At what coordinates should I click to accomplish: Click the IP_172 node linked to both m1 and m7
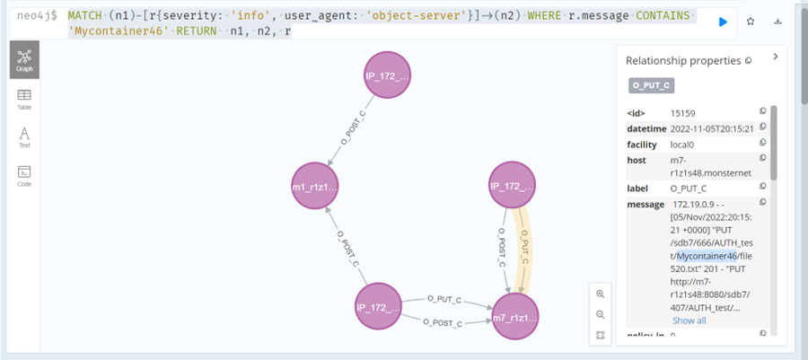click(381, 308)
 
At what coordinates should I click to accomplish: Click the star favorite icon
click(751, 21)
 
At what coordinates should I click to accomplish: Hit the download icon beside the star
click(778, 21)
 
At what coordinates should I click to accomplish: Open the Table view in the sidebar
click(24, 99)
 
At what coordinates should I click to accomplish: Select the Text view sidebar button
click(24, 136)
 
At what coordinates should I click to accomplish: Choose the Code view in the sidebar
click(24, 174)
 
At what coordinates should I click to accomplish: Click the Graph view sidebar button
click(24, 60)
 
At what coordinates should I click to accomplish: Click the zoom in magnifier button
click(601, 294)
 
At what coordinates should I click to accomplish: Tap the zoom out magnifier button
click(601, 314)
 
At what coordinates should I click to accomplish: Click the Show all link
click(689, 320)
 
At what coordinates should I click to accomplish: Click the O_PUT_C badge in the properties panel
click(651, 86)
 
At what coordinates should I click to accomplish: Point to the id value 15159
click(683, 112)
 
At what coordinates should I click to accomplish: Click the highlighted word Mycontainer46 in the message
click(707, 257)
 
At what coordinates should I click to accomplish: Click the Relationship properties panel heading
click(685, 61)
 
